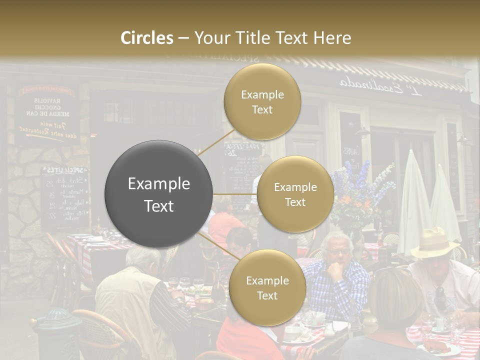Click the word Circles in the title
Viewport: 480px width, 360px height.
click(147, 38)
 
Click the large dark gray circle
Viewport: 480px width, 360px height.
click(158, 194)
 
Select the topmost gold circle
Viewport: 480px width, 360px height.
click(262, 101)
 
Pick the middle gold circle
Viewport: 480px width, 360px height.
click(295, 194)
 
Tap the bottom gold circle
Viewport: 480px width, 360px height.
click(267, 287)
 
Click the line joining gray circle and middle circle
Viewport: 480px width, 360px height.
click(235, 194)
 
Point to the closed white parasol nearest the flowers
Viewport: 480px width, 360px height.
click(413, 200)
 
